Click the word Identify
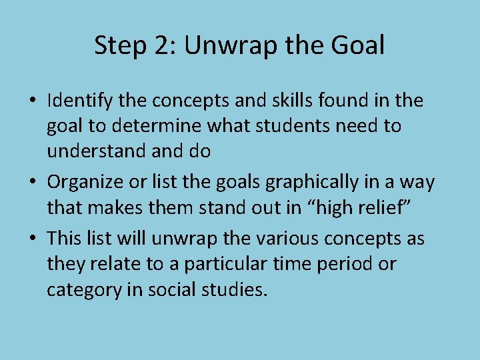79,101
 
